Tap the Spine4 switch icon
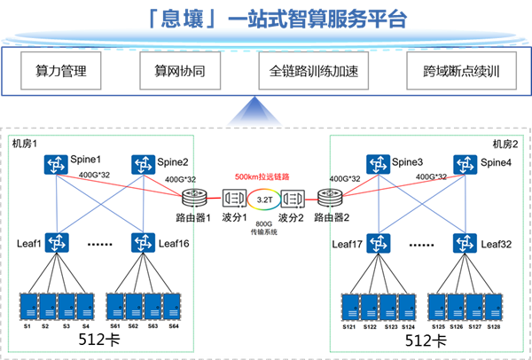[x=465, y=165]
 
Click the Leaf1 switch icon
[x=59, y=241]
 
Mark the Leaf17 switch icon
[x=379, y=241]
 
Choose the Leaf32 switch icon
[x=465, y=241]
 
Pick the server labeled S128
[x=496, y=306]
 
